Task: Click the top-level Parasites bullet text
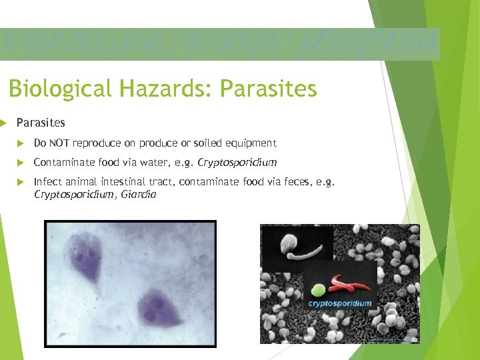(x=41, y=123)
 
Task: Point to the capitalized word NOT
(x=59, y=143)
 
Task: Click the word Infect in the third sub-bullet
(x=45, y=181)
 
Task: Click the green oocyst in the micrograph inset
(x=319, y=290)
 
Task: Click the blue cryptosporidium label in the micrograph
(x=339, y=303)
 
